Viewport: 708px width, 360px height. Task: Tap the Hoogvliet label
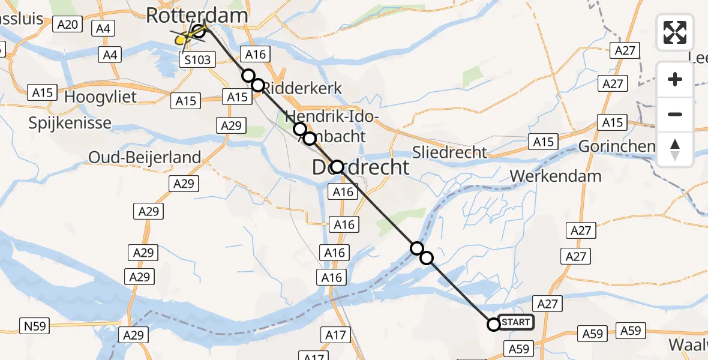[100, 97]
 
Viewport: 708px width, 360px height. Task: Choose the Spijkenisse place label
[70, 123]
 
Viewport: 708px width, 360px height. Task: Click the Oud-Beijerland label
[145, 157]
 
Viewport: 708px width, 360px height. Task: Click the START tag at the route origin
[515, 323]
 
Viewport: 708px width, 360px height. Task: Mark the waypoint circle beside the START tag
[493, 325]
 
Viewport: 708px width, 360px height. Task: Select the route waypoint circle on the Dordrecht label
[337, 167]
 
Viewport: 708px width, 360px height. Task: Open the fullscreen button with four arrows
[675, 32]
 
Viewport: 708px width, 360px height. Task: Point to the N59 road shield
[35, 326]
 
